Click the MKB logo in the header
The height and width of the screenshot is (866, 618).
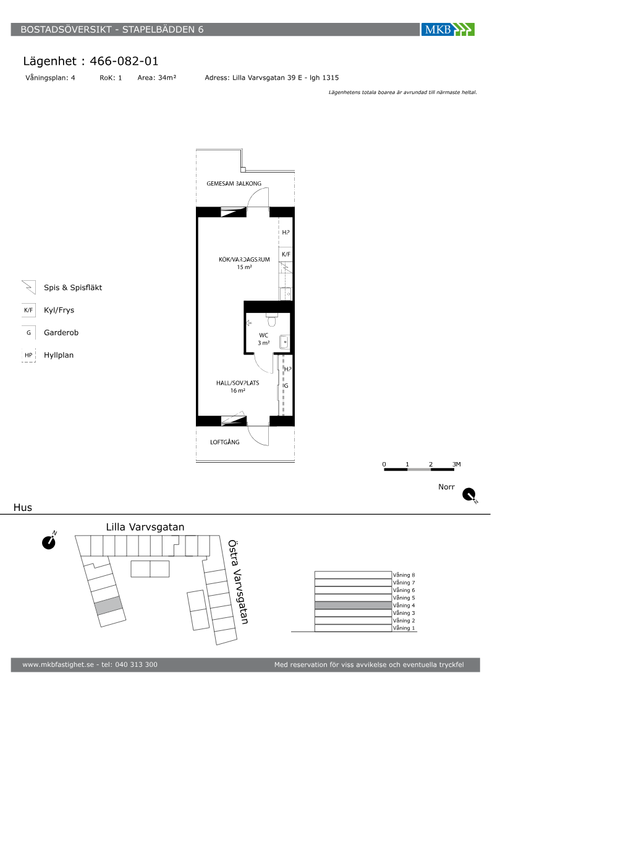coord(447,30)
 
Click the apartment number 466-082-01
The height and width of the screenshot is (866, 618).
coord(124,61)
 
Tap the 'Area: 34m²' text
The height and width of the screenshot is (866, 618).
coord(157,78)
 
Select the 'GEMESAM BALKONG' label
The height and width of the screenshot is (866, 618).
coord(234,183)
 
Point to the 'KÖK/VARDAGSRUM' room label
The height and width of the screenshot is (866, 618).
coord(244,259)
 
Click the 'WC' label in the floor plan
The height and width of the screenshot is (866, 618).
coord(263,335)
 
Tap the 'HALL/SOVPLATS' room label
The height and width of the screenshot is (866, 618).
coord(237,383)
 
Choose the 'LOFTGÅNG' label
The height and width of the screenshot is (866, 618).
coord(225,442)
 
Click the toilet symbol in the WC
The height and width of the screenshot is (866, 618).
coord(272,320)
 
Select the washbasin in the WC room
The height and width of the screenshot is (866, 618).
coord(285,341)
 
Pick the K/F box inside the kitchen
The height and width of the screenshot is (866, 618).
coord(286,254)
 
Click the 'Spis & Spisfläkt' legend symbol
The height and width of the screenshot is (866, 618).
coord(28,287)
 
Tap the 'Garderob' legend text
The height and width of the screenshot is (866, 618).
coord(61,333)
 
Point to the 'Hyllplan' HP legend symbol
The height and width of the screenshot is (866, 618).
coord(28,355)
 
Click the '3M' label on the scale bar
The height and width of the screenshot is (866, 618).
coord(457,464)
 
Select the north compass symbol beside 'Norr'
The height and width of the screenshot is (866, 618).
coord(470,495)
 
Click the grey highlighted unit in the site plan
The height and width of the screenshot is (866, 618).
coord(109,606)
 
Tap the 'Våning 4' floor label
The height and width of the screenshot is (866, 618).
coord(404,606)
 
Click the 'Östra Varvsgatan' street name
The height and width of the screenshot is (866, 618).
coord(238,582)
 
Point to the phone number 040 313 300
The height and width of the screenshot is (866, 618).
coord(137,664)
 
